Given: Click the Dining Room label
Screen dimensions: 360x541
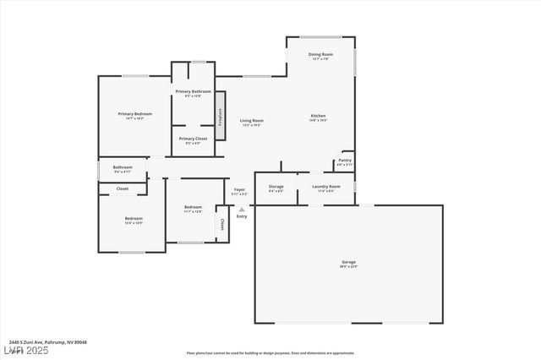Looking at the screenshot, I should point(320,54).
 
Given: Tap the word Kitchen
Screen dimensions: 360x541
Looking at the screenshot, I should point(318,116).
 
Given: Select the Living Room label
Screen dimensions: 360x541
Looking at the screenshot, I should point(251,121).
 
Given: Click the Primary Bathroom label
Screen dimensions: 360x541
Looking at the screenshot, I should point(193,91).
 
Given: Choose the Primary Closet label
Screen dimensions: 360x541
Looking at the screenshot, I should point(193,139).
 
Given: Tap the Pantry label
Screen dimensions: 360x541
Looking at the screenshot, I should point(345,160).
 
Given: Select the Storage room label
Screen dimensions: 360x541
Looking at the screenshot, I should point(276,186).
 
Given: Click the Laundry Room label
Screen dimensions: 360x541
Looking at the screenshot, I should point(325,186).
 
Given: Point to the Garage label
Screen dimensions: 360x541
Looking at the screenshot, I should point(348,262).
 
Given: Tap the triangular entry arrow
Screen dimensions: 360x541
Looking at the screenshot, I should point(242,209).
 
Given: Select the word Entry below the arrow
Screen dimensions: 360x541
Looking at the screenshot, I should point(242,216).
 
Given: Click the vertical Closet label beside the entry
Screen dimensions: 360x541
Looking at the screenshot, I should point(222,225).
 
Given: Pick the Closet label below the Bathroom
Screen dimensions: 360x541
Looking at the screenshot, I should point(123,188).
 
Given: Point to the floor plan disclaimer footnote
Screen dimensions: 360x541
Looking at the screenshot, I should point(270,353).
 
